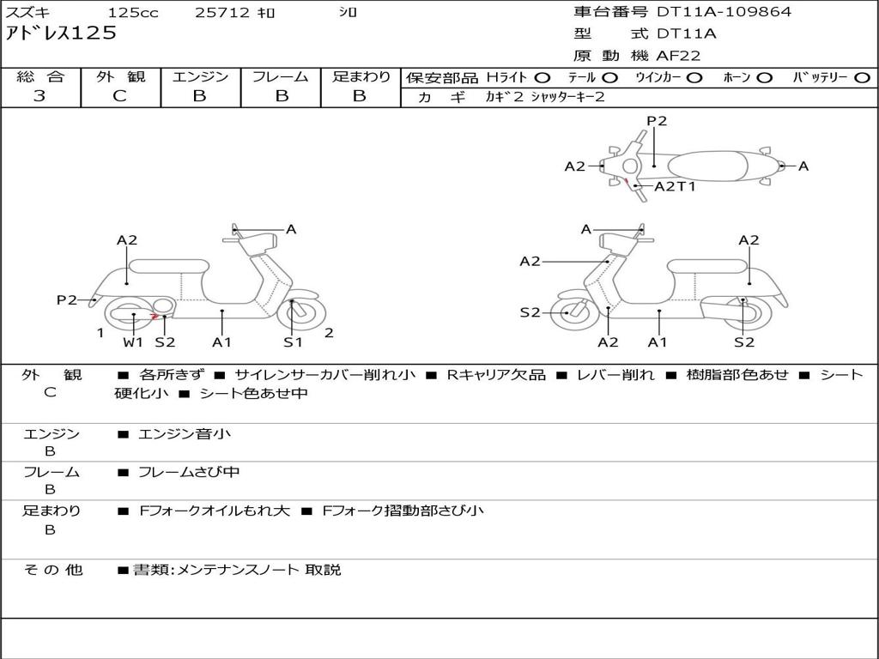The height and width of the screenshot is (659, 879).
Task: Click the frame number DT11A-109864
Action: coord(724,12)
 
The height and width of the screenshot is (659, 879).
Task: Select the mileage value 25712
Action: coord(222,13)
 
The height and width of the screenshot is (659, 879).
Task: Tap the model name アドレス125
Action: coord(61,33)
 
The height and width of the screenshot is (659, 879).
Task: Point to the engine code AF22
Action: coord(678,56)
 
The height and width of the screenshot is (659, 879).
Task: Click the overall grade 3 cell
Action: coord(39,96)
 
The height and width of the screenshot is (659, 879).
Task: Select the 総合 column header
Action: coord(39,77)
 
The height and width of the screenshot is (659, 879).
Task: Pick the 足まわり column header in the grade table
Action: coord(361,77)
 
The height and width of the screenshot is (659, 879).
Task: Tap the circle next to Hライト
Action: coord(543,78)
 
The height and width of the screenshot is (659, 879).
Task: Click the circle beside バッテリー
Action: coord(862,78)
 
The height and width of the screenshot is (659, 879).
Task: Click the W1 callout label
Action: coord(133,342)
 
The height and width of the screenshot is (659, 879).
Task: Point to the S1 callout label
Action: coord(294,342)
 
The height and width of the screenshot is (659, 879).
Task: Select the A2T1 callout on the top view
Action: coord(675,186)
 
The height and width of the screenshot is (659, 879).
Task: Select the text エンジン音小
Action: coord(185,434)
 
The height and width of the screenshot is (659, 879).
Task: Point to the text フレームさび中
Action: coord(189,472)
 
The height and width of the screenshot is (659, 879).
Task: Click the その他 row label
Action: coord(52,570)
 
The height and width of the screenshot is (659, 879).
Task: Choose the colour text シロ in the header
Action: coord(347,13)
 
